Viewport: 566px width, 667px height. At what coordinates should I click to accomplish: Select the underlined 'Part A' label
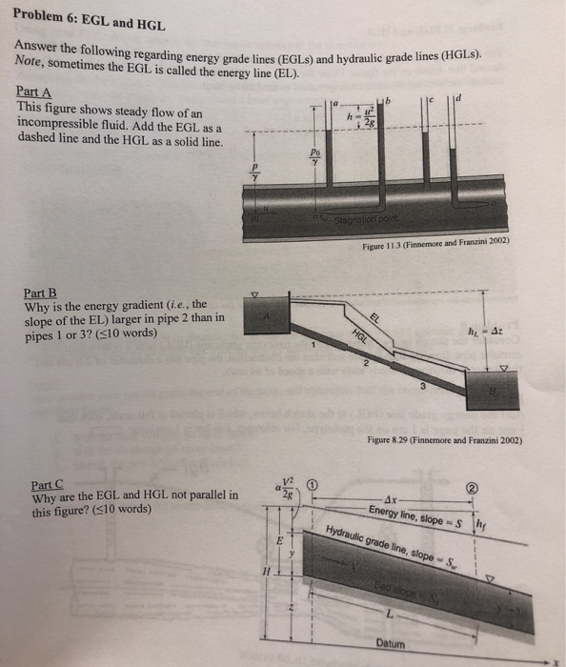(35, 91)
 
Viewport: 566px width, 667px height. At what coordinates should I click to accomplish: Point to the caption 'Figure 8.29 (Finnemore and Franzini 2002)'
(444, 439)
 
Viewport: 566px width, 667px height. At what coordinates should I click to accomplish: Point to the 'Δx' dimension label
(392, 499)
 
